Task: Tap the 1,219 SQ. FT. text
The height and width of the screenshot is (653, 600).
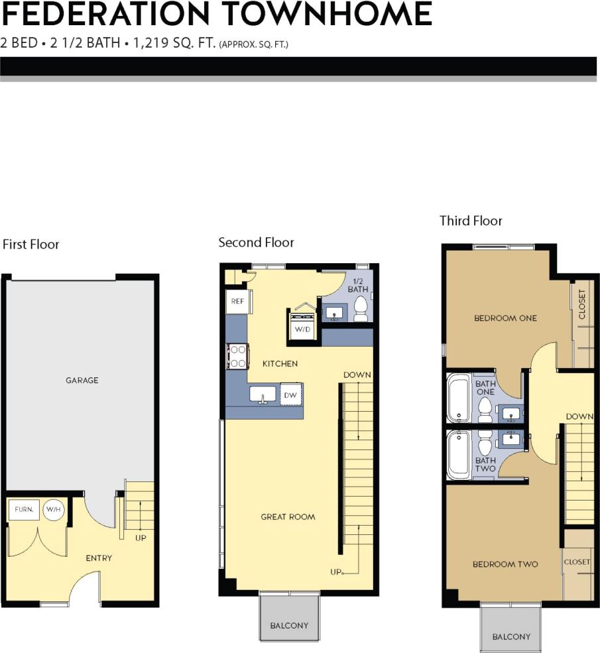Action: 174,44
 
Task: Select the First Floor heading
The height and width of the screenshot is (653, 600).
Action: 31,245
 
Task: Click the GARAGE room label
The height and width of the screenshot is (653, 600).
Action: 82,381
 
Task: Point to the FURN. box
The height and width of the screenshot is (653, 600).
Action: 23,510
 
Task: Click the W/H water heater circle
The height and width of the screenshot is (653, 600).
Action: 53,510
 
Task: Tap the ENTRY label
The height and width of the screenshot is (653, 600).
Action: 99,558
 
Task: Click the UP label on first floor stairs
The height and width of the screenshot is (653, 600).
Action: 141,538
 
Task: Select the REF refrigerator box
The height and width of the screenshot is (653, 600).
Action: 237,301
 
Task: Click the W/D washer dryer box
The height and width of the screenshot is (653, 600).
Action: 303,328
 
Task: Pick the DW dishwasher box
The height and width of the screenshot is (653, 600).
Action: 290,394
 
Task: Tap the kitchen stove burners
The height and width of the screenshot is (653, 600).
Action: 237,356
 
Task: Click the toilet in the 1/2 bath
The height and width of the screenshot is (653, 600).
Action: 361,308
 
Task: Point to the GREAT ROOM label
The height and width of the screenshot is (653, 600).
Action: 288,516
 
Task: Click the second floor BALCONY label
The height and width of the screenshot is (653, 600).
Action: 289,625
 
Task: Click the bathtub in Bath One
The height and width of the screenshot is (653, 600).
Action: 458,398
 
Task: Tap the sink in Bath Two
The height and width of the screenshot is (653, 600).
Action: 511,438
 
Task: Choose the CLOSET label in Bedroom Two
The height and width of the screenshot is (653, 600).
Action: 577,562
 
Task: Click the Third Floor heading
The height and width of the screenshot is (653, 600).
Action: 471,221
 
